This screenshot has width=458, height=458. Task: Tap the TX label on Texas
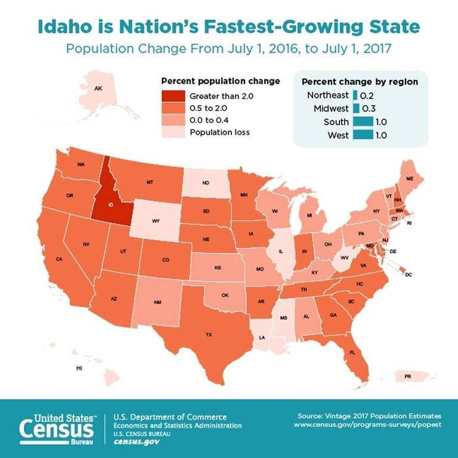209,335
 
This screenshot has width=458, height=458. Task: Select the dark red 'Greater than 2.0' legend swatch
173,96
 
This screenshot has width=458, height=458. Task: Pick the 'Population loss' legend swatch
173,132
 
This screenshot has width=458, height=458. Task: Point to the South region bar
362,122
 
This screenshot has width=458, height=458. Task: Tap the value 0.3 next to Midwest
367,109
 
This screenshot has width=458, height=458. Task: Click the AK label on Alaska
98,88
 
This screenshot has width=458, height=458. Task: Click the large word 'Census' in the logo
57,431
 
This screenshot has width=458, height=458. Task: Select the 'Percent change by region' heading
360,81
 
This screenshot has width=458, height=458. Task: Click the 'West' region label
338,135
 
